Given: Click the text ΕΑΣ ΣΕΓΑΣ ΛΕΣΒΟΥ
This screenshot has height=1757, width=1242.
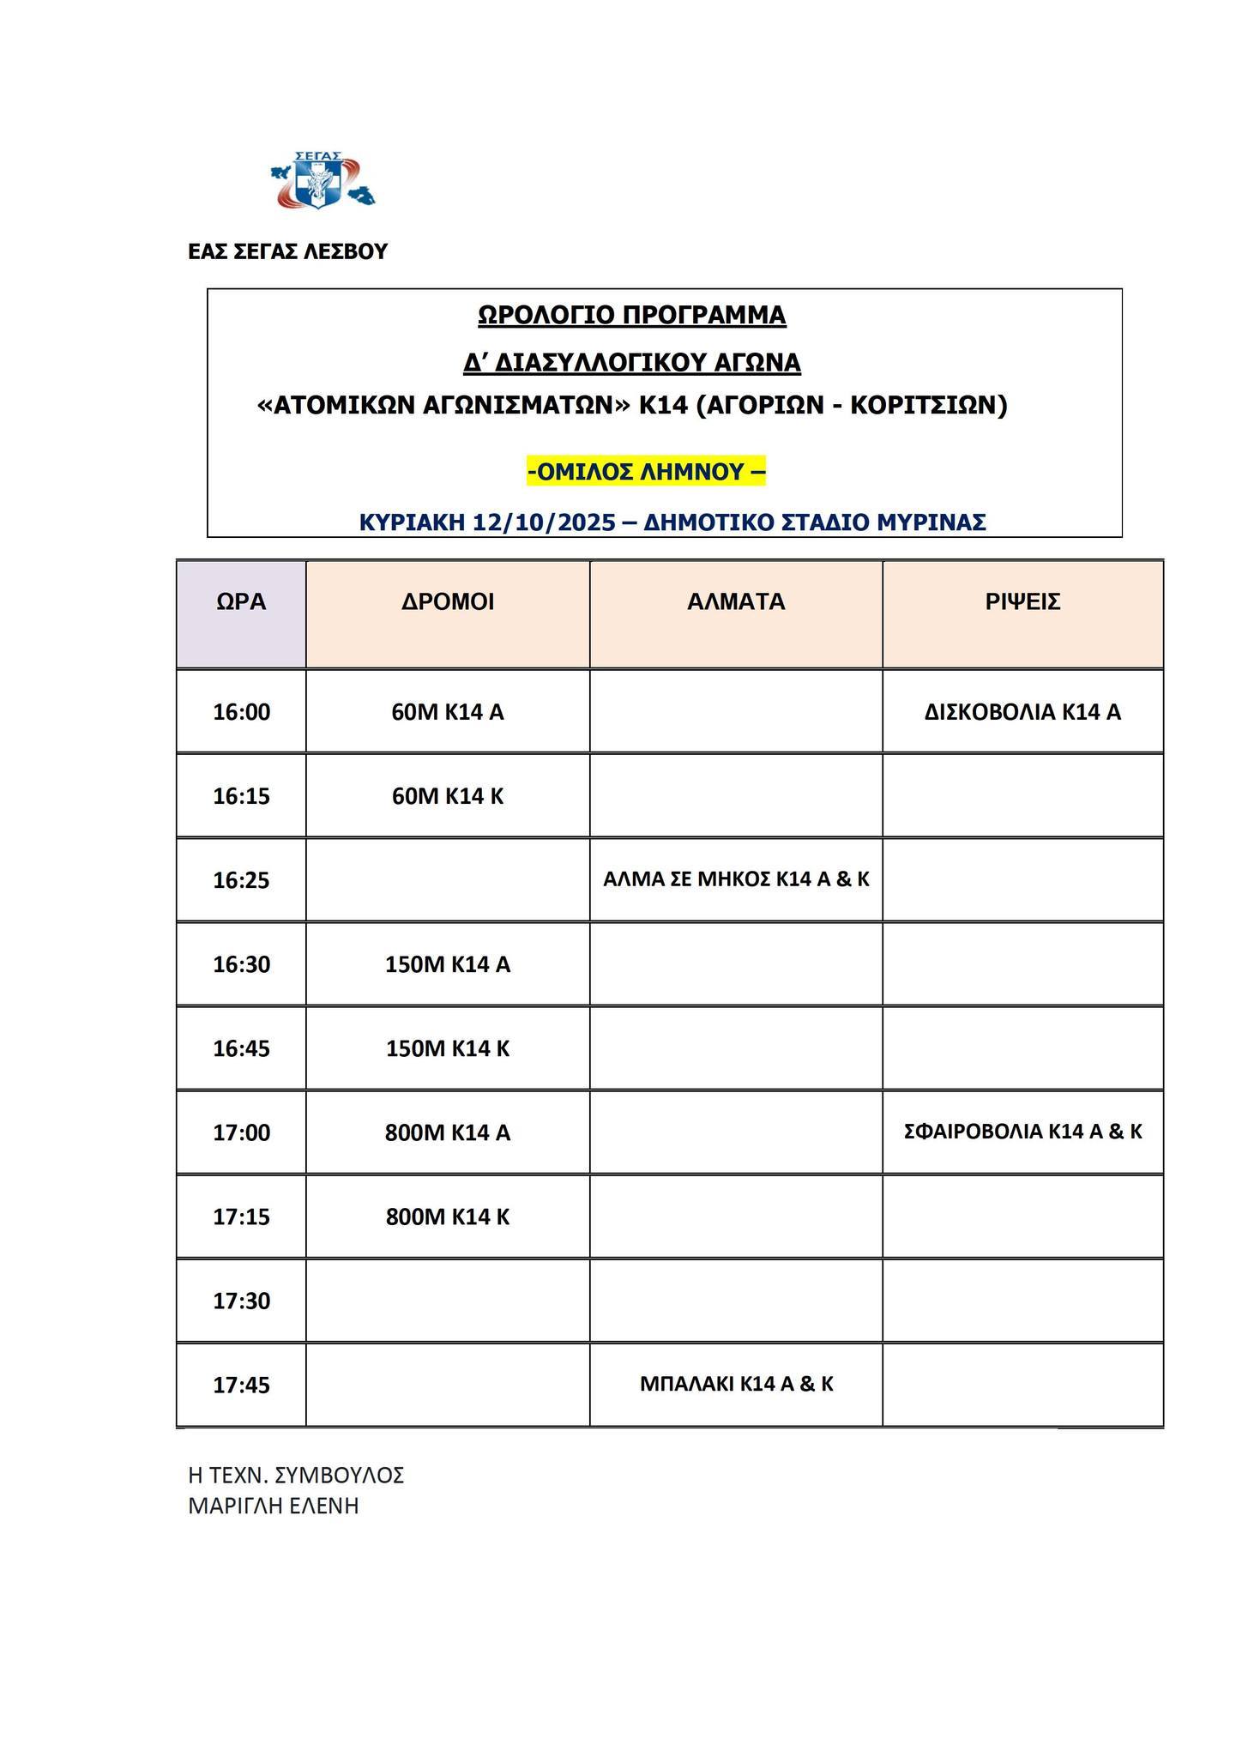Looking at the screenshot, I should click(x=287, y=251).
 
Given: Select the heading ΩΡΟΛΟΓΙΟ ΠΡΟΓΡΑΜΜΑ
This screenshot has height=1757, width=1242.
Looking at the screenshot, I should click(x=631, y=315).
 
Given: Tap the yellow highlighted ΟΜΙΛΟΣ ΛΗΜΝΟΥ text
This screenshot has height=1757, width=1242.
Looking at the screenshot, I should click(x=646, y=471).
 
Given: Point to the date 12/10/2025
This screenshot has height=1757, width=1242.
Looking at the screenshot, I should click(x=544, y=522).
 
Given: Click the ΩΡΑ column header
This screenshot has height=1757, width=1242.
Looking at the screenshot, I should click(x=241, y=601).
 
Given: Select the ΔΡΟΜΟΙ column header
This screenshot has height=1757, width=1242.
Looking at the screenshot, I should click(x=448, y=601).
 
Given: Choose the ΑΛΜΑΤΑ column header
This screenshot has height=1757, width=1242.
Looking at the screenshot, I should click(x=736, y=601).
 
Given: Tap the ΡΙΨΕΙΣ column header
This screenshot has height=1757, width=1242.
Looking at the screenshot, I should click(x=1022, y=601).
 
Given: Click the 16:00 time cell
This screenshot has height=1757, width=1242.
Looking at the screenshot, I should click(x=241, y=712).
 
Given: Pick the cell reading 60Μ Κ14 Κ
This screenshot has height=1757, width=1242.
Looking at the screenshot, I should click(x=448, y=796).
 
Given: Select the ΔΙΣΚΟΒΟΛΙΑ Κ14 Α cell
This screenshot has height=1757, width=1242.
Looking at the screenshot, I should click(x=1022, y=712).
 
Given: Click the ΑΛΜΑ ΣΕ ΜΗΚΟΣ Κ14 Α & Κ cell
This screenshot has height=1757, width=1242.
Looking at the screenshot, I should click(x=736, y=879).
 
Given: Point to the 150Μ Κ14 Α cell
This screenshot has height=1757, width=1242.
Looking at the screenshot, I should click(x=448, y=964).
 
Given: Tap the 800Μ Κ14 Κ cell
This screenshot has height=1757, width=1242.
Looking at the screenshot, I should click(x=448, y=1217).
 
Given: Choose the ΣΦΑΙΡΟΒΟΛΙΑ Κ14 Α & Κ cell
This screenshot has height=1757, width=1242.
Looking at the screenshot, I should click(x=1022, y=1132).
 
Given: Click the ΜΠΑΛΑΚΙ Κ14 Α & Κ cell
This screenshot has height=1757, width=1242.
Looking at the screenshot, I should click(x=736, y=1384).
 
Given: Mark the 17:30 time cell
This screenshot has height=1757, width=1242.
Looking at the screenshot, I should click(x=241, y=1301).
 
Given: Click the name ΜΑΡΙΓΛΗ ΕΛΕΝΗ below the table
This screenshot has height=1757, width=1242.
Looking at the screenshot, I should click(x=273, y=1506).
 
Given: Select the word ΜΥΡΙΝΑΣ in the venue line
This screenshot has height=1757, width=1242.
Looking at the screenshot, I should click(x=936, y=522).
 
